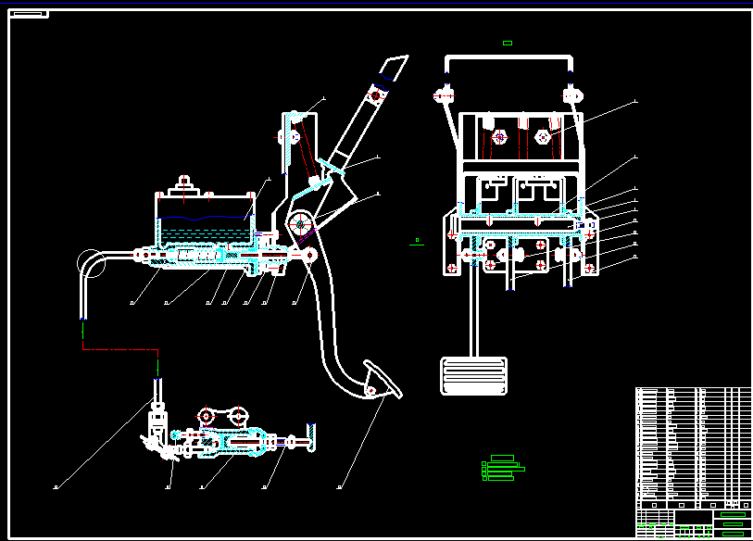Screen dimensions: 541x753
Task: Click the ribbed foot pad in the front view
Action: tap(473, 374)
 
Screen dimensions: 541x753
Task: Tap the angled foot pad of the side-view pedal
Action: tap(381, 382)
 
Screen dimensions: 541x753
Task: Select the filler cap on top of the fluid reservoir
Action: tap(184, 183)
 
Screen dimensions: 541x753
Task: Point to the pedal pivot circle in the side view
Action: tap(300, 224)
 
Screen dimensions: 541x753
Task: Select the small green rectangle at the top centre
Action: tap(507, 43)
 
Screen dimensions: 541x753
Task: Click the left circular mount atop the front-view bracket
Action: tap(444, 94)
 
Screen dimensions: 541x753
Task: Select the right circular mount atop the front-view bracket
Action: tap(571, 94)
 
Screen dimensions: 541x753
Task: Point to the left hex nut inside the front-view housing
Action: tap(499, 137)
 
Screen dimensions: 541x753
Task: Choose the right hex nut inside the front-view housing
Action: tap(542, 137)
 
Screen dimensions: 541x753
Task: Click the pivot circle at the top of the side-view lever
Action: tap(376, 95)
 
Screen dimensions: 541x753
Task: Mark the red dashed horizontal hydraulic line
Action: tap(120, 349)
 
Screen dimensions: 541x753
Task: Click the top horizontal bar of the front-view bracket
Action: tap(508, 57)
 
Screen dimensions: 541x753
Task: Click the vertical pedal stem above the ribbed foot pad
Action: tap(473, 315)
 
